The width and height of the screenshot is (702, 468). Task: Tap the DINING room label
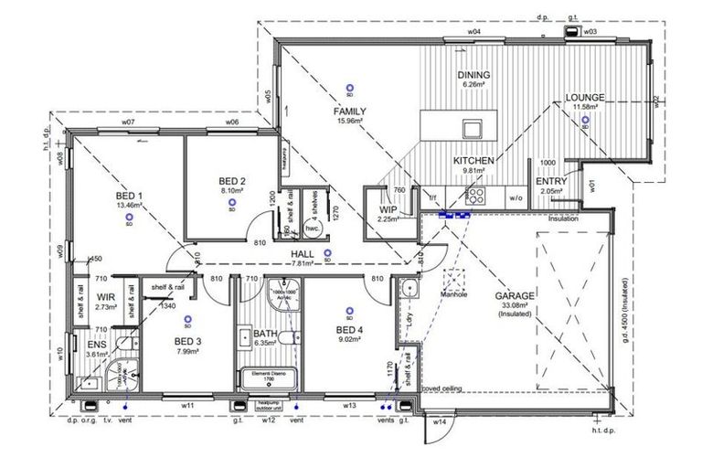point(473,75)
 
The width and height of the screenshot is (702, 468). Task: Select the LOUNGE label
point(584,97)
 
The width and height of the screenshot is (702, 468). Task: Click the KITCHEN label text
point(473,160)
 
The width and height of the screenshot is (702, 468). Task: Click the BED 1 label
point(128,196)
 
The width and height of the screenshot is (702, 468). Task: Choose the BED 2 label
point(231,181)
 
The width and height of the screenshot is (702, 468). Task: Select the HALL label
point(303,253)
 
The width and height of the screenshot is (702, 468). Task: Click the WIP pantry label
point(388,209)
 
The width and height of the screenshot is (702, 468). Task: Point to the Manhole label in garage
point(457,295)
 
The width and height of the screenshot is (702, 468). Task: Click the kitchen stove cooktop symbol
point(476,195)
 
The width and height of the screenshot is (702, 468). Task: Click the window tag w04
point(474,32)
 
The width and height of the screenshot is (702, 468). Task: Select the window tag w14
point(439,421)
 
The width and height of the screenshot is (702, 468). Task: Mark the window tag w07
point(128,122)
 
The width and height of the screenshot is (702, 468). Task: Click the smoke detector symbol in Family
point(348,88)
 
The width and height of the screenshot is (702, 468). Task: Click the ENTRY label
point(553,181)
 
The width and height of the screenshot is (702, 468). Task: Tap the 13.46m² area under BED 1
point(128,206)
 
